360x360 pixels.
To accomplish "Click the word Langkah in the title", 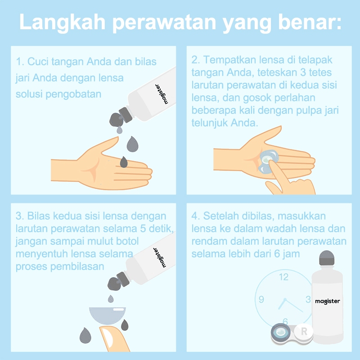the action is [63, 22].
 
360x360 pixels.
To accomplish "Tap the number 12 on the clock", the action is [284, 277].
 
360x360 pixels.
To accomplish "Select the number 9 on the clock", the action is [261, 299].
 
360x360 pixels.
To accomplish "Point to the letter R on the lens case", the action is [304, 332].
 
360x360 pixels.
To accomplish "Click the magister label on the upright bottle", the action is [328, 301].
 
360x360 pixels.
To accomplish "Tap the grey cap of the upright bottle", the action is [327, 258].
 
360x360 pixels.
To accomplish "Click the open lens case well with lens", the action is [280, 332].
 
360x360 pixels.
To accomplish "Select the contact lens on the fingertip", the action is [108, 315].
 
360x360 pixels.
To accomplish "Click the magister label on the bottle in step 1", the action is [162, 94].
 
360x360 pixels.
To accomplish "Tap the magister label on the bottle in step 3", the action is [160, 257].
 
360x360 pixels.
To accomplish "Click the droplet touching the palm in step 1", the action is [124, 162].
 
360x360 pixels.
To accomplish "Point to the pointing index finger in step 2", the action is [278, 175].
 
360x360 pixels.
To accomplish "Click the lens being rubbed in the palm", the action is [268, 161].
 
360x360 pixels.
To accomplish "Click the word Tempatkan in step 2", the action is [230, 60].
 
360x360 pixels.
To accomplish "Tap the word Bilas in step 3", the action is [38, 216].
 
